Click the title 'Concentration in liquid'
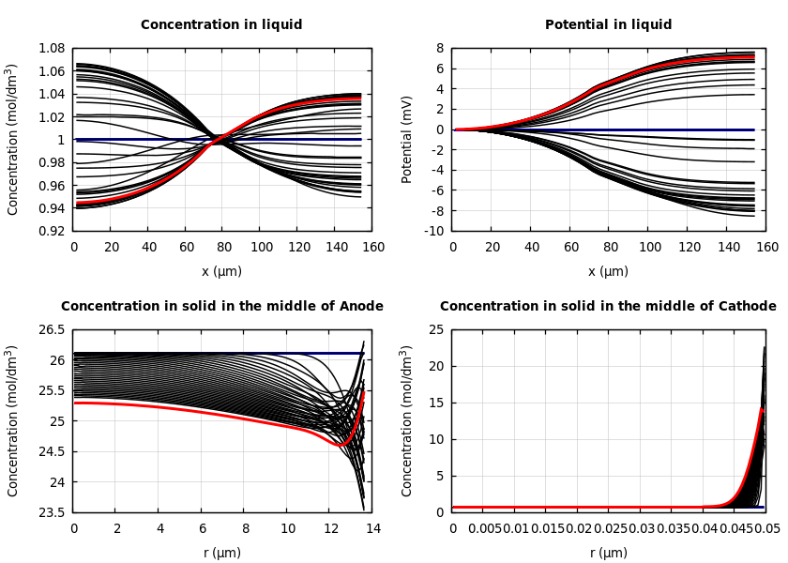(221, 25)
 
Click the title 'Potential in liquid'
(608, 25)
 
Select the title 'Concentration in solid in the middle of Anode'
(221, 307)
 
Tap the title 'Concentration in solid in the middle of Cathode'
(608, 307)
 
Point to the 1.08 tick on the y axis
(51, 48)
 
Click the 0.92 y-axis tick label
(51, 231)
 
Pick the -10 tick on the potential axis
(434, 231)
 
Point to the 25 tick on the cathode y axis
(436, 330)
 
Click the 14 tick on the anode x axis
(372, 529)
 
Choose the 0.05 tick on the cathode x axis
(767, 529)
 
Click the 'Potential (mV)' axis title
(407, 139)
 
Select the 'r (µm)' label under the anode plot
(221, 553)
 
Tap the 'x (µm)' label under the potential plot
(608, 271)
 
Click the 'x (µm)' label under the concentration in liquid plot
(221, 271)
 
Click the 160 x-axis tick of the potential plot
(767, 248)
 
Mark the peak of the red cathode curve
(763, 409)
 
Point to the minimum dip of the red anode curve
(343, 445)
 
